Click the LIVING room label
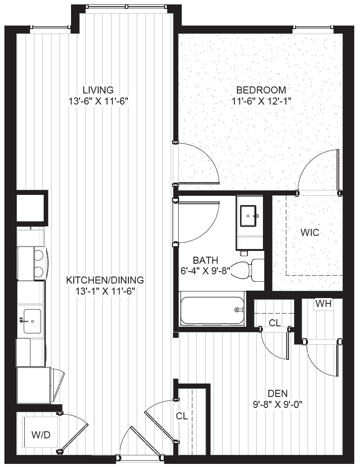pyautogui.click(x=98, y=90)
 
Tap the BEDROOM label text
pyautogui.click(x=261, y=90)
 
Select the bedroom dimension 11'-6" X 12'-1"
pyautogui.click(x=261, y=101)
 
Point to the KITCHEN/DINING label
pyautogui.click(x=105, y=280)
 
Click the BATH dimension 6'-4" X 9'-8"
pyautogui.click(x=206, y=271)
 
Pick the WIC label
pyautogui.click(x=310, y=232)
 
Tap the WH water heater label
pyautogui.click(x=323, y=304)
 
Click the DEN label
pyautogui.click(x=278, y=393)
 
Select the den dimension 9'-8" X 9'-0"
pyautogui.click(x=278, y=405)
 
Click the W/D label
pyautogui.click(x=41, y=435)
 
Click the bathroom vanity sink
pyautogui.click(x=249, y=215)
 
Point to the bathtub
pyautogui.click(x=212, y=310)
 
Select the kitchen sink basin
pyautogui.click(x=32, y=321)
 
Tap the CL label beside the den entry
pyautogui.click(x=182, y=416)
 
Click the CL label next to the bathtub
pyautogui.click(x=274, y=323)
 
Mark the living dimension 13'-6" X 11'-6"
pyautogui.click(x=98, y=101)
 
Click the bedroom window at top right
pyautogui.click(x=313, y=28)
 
